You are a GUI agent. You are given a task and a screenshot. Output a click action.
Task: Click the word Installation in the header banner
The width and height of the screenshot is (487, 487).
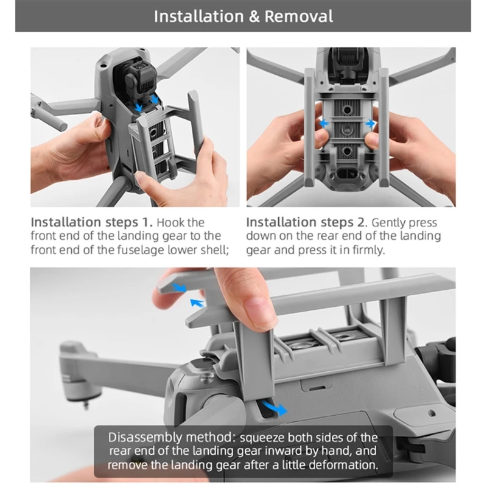(x=199, y=16)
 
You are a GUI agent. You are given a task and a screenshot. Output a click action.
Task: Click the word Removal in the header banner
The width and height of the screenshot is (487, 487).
(x=299, y=16)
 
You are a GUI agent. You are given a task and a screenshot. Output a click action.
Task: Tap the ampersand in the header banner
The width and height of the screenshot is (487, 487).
(x=254, y=16)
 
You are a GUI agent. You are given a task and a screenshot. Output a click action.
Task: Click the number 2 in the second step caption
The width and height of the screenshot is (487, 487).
(x=360, y=222)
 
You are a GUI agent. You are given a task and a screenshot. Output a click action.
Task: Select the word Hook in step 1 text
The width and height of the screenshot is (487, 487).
(x=169, y=223)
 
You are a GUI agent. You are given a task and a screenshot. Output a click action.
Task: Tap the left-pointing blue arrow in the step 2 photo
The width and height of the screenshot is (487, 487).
(x=323, y=124)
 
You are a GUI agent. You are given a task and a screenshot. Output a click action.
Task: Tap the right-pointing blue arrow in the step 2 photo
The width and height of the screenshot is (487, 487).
(x=370, y=124)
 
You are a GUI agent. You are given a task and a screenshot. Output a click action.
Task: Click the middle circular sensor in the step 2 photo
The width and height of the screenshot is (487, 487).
(x=346, y=128)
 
